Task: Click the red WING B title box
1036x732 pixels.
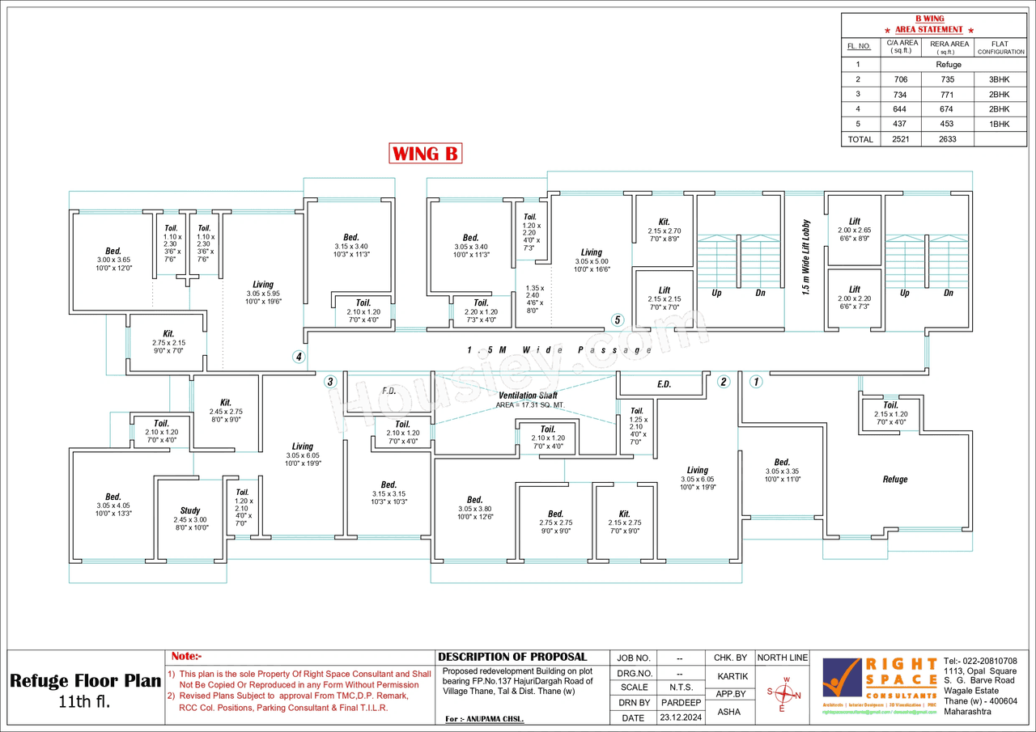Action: (x=426, y=153)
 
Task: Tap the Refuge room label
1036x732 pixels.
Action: (x=894, y=480)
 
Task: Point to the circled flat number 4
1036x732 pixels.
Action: (x=299, y=357)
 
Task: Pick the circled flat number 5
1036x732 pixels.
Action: (x=618, y=320)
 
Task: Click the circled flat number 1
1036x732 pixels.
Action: (x=756, y=382)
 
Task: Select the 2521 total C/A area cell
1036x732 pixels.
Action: (x=900, y=139)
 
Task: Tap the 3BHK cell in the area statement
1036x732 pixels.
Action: (x=1000, y=80)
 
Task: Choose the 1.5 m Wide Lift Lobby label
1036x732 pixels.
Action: (x=805, y=257)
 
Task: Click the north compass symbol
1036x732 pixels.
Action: (x=783, y=694)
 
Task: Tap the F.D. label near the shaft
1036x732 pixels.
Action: (x=388, y=391)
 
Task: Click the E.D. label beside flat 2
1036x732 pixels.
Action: (x=664, y=384)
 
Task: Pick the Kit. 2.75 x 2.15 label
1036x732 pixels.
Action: (x=168, y=338)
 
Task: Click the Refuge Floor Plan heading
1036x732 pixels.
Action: (x=86, y=680)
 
